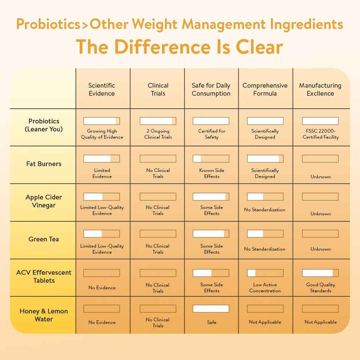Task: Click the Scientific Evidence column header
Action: (101, 89)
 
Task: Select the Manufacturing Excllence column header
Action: (320, 89)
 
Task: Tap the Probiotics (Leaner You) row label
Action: (44, 125)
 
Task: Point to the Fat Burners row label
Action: (44, 164)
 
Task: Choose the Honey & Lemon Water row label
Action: (44, 315)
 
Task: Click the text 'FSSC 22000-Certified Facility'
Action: (321, 134)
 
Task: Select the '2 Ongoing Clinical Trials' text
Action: (158, 134)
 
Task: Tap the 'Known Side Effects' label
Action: (211, 173)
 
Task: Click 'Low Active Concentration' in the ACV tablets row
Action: (265, 288)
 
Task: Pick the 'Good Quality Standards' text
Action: (321, 288)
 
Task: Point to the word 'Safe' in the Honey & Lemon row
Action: (211, 322)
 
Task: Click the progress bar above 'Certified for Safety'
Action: (211, 121)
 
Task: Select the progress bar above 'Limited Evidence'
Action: (101, 159)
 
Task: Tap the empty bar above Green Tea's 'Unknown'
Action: (320, 234)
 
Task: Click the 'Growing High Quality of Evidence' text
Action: (102, 134)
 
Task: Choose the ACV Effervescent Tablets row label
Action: (44, 277)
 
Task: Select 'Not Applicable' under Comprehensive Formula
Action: (265, 322)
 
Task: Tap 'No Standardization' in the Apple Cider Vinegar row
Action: (265, 210)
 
